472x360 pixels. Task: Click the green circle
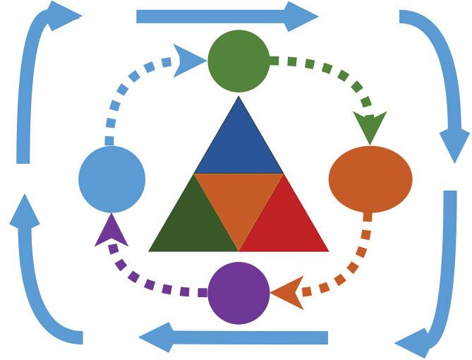click(238, 61)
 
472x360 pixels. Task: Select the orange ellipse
click(370, 179)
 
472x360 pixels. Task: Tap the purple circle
click(238, 293)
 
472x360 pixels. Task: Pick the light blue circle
click(111, 179)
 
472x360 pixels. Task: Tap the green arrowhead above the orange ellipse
click(370, 127)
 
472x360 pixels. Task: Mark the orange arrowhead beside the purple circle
click(288, 292)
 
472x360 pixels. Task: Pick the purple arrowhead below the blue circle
click(111, 231)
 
